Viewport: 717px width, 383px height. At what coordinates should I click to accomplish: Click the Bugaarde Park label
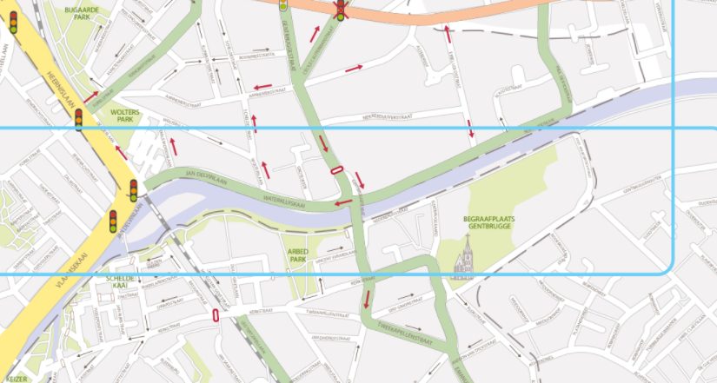tap(83, 12)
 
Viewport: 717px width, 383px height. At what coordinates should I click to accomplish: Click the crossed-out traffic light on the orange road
tap(341, 10)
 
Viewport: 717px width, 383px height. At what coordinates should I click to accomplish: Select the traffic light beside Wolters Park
tap(79, 119)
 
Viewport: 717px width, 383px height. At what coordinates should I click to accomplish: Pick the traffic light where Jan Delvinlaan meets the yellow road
tap(134, 190)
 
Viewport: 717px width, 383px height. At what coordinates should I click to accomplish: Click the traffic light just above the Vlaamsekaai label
tap(113, 221)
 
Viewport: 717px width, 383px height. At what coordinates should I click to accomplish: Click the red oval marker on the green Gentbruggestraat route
tap(335, 170)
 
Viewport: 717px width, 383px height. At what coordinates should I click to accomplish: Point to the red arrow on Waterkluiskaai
tap(344, 203)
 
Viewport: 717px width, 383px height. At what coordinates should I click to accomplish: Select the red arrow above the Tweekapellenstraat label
tap(368, 300)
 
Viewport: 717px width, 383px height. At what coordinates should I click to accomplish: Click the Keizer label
tap(15, 378)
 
